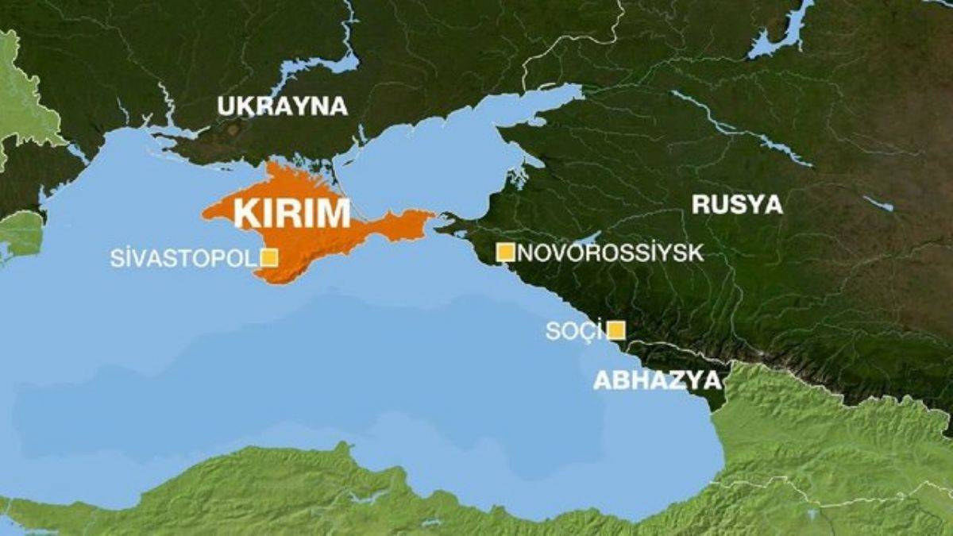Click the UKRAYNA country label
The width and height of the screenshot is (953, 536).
tap(282, 106)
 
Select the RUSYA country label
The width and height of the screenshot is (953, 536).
tap(737, 204)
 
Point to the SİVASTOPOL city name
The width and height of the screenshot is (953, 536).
tap(184, 258)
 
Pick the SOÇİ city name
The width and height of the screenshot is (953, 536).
tap(573, 331)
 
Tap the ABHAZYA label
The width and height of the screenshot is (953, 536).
tap(657, 380)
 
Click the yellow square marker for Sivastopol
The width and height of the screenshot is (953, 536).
tap(269, 257)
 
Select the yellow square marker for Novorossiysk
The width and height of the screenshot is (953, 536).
tap(505, 253)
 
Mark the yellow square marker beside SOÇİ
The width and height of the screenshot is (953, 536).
tap(615, 330)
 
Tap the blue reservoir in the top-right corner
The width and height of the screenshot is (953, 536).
tap(782, 32)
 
